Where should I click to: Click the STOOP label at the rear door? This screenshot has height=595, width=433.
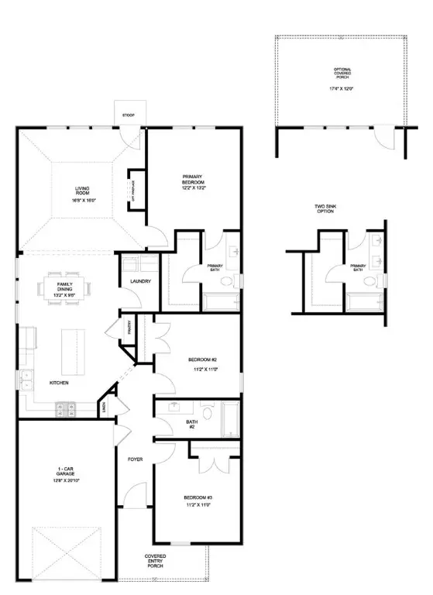coord(128,115)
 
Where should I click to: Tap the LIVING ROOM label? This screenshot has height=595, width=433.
coord(83,193)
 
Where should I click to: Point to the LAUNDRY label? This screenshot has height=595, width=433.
coord(140,281)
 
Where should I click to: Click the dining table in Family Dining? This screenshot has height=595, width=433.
coord(66,288)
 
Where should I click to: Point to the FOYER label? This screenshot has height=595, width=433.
coord(136,459)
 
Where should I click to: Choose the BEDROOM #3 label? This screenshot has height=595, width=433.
coord(198,501)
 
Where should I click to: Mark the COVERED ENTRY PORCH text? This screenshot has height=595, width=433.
coord(155,561)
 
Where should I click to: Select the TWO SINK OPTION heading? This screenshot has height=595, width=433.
coord(324,209)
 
